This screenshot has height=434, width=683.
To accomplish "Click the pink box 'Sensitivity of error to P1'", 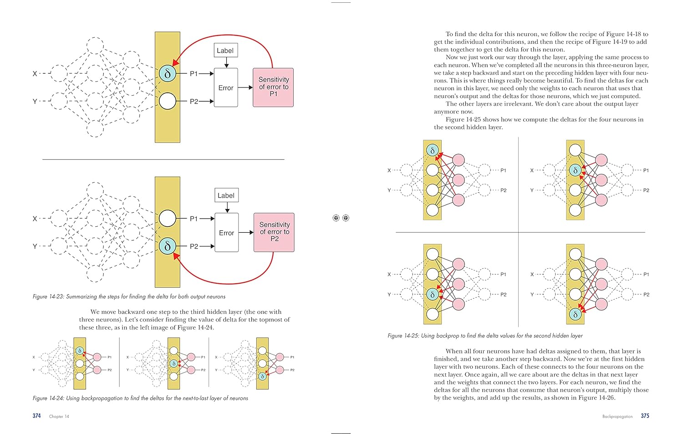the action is click(x=273, y=87).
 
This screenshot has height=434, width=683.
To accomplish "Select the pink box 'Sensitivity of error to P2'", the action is click(x=274, y=232).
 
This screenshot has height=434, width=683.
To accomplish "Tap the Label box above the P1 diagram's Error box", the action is click(x=226, y=51).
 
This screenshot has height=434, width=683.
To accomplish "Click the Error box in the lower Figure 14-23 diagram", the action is click(x=227, y=232).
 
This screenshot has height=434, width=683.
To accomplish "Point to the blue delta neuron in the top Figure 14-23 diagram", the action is click(x=168, y=73).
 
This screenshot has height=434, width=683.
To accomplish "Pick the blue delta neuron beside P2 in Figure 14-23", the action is click(x=168, y=246).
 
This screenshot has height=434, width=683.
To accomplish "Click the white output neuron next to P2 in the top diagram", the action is click(x=168, y=101).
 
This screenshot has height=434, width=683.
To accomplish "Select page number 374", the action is click(x=36, y=416).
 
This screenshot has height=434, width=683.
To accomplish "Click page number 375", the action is click(x=645, y=416).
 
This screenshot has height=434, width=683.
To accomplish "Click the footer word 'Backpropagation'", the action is click(x=617, y=416).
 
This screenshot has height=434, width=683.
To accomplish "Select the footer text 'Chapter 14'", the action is click(x=59, y=416).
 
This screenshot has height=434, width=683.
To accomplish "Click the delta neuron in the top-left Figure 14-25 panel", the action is click(x=433, y=150).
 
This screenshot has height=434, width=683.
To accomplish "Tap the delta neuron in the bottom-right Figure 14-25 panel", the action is click(x=576, y=314).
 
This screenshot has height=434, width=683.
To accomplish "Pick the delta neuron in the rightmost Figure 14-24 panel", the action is click(x=263, y=376).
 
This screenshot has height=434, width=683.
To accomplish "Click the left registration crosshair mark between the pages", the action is click(x=336, y=218).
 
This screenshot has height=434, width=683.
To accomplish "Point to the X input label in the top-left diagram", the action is click(x=35, y=73).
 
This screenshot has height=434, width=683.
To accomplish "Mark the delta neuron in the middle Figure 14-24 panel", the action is click(x=174, y=363).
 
